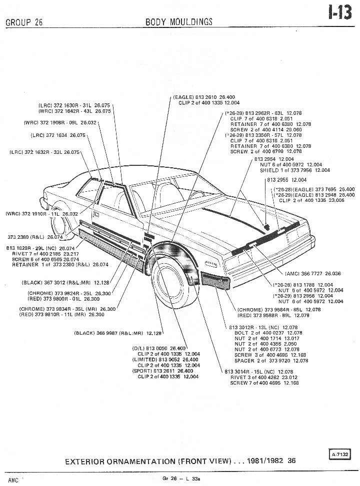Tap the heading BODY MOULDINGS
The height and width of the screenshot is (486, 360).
click(x=178, y=21)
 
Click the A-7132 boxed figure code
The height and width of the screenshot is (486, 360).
click(x=340, y=454)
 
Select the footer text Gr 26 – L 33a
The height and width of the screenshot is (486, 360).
click(x=179, y=478)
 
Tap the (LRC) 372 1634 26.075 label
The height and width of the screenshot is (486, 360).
click(x=58, y=135)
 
